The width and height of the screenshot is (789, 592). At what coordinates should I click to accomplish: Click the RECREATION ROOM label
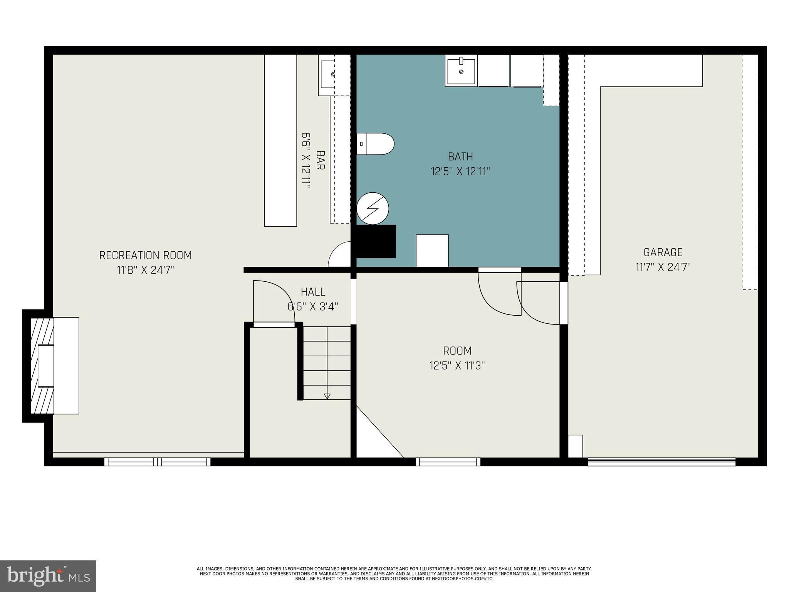145,256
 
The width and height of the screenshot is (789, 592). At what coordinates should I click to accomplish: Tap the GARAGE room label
663,252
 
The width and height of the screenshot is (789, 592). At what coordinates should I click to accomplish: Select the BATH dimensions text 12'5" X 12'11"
460,172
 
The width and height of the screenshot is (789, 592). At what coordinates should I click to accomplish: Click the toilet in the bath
375,144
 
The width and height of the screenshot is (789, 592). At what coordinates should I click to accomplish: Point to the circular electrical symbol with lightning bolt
373,209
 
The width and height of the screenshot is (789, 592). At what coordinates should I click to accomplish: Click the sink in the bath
461,71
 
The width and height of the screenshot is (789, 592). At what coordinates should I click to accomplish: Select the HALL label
313,292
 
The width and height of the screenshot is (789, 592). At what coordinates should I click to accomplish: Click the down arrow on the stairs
327,396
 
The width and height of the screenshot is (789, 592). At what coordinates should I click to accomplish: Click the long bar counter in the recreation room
280,140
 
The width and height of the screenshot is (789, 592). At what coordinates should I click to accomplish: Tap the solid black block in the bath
376,241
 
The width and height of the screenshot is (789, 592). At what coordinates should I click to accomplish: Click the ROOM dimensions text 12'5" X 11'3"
457,365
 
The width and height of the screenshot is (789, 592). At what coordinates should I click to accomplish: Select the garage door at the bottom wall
661,461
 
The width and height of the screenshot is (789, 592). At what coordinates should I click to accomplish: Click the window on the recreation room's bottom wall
157,461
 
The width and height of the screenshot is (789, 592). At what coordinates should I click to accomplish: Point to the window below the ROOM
448,461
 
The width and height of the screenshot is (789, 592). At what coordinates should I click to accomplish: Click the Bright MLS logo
48,576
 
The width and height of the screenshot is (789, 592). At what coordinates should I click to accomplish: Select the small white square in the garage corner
576,446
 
